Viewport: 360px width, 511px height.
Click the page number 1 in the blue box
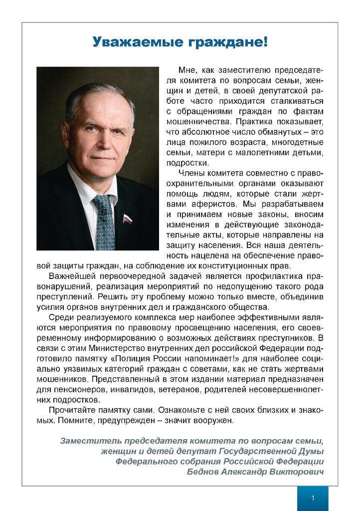tap(313, 499)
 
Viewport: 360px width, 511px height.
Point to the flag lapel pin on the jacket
tap(128, 219)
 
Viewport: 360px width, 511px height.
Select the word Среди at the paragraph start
tap(61, 317)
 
